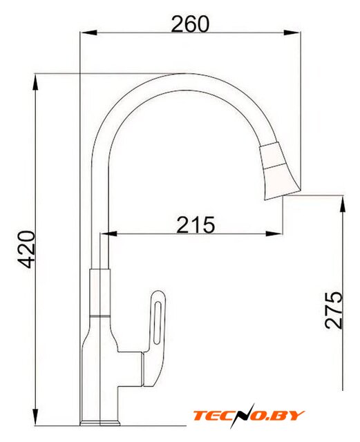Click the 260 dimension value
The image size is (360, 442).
tap(191, 24)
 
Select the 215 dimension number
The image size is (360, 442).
tap(196, 224)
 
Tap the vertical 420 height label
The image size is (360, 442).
tap(26, 249)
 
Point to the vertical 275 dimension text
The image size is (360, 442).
tap(334, 310)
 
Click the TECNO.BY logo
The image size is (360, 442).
tap(249, 416)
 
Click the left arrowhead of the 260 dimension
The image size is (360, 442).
tap(89, 32)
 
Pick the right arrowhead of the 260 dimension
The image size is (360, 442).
tap(292, 32)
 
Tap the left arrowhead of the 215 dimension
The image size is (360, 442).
tap(108, 233)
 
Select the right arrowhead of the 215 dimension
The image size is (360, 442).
tap(274, 233)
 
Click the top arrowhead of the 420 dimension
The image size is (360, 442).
tap(35, 82)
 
